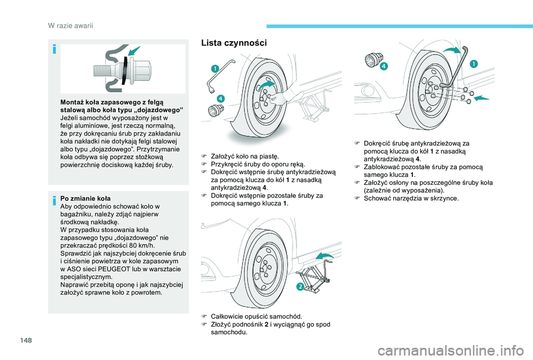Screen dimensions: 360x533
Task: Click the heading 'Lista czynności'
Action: pyautogui.click(x=234, y=43)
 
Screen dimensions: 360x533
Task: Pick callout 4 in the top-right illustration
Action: pyautogui.click(x=384, y=66)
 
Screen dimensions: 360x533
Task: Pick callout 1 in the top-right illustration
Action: pyautogui.click(x=474, y=64)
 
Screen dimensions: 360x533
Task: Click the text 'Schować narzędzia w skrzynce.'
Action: pyautogui.click(x=410, y=198)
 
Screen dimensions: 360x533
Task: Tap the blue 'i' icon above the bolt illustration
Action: pyautogui.click(x=54, y=49)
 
